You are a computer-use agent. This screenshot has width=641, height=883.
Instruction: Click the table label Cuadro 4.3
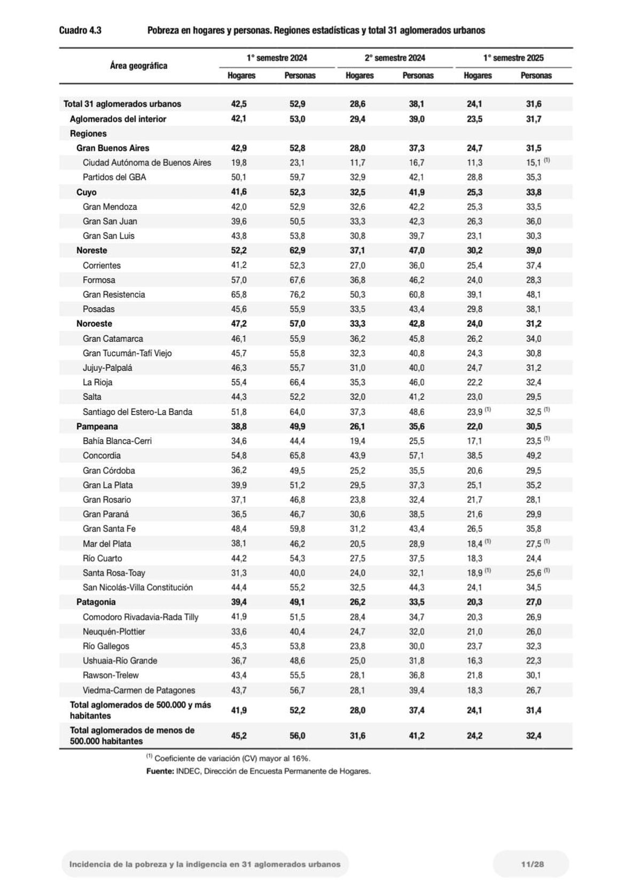80,30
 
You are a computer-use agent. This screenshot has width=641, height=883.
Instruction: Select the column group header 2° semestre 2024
395,58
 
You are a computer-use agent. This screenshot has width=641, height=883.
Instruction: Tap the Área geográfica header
138,66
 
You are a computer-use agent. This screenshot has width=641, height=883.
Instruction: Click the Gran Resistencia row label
114,294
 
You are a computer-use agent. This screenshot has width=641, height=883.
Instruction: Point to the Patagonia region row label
96,602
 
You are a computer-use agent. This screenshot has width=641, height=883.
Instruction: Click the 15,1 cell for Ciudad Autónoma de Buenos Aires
533,162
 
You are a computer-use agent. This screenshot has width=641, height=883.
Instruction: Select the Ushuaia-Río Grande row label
120,660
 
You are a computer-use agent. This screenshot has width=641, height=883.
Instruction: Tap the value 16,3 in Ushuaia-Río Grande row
474,660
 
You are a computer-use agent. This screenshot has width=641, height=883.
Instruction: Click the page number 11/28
532,864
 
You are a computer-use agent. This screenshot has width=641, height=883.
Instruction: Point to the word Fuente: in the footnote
160,771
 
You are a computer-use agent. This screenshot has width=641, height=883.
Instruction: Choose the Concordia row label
101,455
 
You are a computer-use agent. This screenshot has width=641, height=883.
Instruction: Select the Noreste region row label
91,250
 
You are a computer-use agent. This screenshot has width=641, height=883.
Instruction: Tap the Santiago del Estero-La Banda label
137,412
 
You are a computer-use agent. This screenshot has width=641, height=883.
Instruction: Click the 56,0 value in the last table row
297,735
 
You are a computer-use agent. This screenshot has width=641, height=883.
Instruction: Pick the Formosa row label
99,280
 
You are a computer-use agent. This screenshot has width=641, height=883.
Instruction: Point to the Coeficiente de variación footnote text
232,758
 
